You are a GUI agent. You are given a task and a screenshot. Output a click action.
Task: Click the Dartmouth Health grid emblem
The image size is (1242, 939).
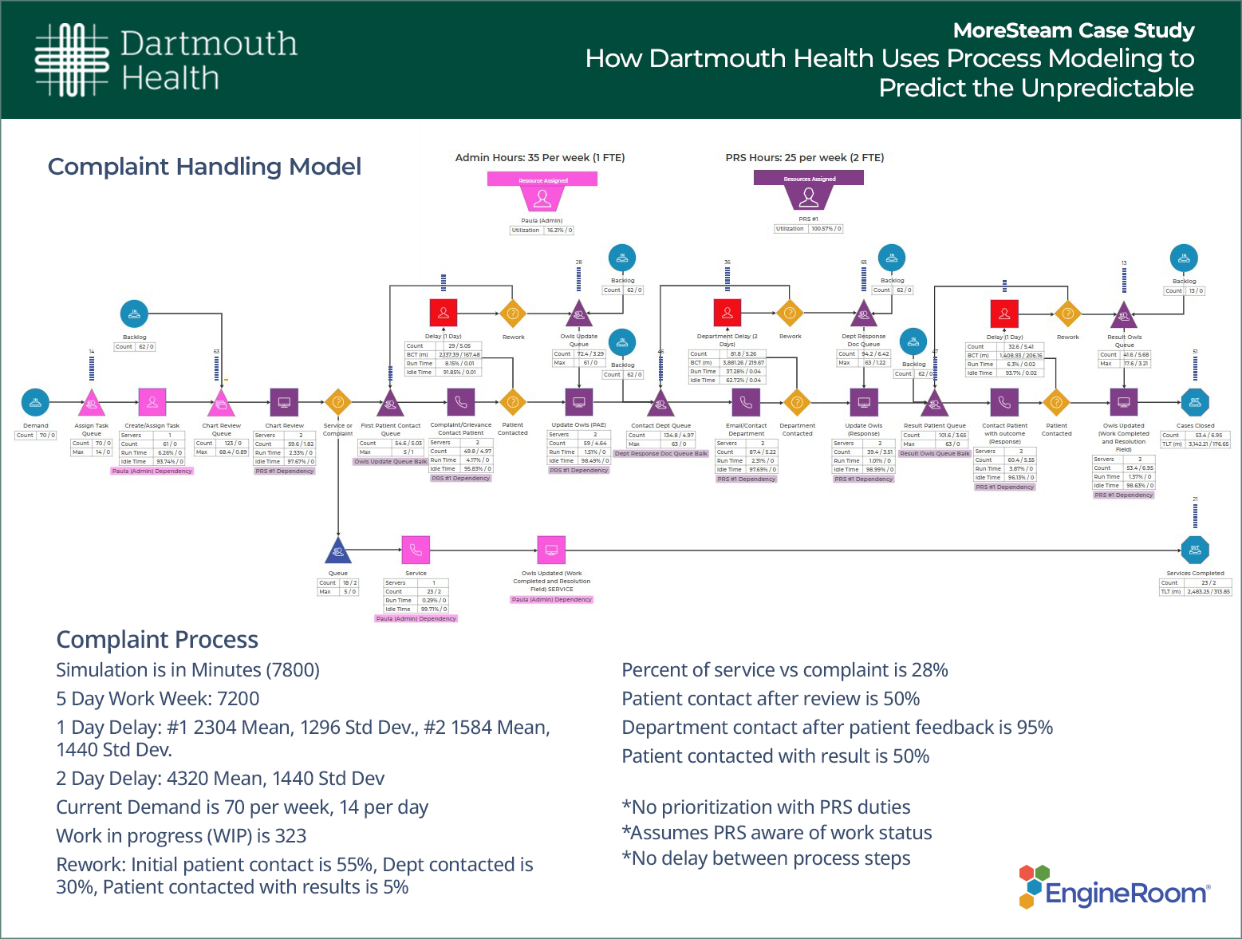point(71,60)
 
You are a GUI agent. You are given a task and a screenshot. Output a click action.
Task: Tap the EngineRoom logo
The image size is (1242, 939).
point(1114,888)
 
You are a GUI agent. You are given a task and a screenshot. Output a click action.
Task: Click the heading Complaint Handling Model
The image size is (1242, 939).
point(204,167)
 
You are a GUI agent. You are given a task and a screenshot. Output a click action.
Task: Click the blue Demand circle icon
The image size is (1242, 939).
point(35,402)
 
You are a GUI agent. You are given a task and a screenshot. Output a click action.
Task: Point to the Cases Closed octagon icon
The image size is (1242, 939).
point(1195,402)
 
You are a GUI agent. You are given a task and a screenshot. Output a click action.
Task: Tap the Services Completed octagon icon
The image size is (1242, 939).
point(1195,550)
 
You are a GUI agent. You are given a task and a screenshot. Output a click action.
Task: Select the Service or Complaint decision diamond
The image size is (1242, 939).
point(338,402)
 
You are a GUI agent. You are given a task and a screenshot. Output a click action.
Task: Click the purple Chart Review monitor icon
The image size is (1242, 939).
point(284,402)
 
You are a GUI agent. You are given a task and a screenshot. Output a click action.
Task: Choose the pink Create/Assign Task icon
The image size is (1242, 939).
point(152,402)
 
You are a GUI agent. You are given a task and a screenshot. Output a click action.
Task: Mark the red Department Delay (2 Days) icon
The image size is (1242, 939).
point(727,313)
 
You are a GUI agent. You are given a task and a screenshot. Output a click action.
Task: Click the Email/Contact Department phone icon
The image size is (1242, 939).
point(745,402)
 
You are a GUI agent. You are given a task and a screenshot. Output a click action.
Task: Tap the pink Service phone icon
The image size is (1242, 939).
point(416,550)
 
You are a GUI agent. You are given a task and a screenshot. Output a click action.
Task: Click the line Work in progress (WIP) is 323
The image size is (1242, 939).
point(181,836)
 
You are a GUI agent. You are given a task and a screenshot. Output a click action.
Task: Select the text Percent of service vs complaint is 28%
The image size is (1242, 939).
point(784,670)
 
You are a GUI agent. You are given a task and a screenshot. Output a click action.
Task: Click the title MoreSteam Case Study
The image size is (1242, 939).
point(1074,30)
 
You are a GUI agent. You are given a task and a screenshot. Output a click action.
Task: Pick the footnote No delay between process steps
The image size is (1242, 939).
point(766,858)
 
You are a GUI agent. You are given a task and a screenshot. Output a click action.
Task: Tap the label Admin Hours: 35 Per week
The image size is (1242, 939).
point(539,158)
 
